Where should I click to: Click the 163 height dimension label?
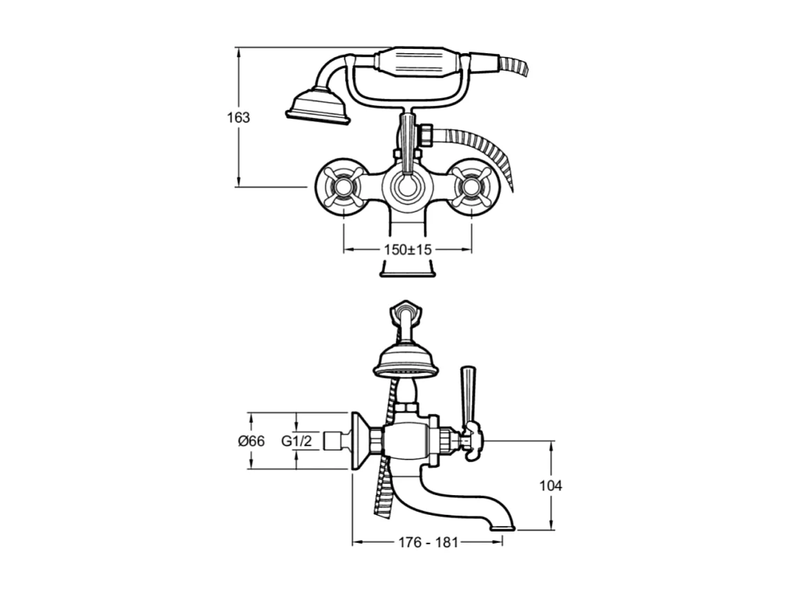(x=238, y=117)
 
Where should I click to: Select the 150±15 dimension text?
(x=408, y=250)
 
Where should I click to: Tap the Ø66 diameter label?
(x=251, y=441)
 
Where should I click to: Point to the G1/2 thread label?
(x=297, y=441)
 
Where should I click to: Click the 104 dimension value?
(x=550, y=486)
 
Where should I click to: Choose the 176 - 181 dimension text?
(x=428, y=543)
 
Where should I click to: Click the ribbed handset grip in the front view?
(x=416, y=62)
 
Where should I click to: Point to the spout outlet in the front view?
(x=407, y=268)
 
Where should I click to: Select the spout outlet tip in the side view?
(x=503, y=527)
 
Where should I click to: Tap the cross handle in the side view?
(x=473, y=441)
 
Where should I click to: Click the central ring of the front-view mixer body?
(x=407, y=187)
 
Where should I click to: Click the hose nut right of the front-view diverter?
(x=428, y=135)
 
